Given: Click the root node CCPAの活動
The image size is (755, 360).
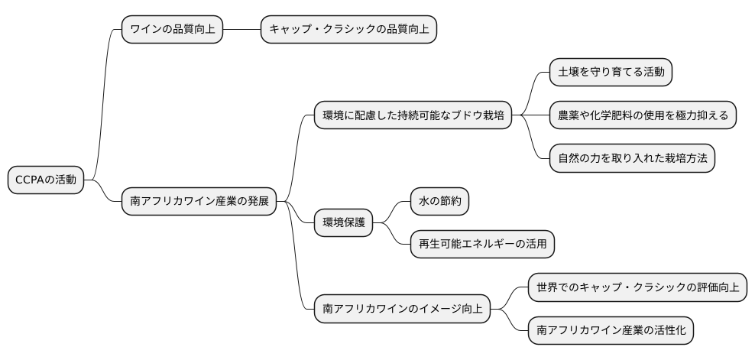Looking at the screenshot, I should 46,180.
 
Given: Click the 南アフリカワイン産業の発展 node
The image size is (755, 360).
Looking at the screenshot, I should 198,202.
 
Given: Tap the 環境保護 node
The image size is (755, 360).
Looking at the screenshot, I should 344,223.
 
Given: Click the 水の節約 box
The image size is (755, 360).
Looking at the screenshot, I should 439,202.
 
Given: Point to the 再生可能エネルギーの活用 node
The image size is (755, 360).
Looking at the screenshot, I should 481,245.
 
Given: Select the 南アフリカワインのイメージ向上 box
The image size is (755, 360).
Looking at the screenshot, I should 402,310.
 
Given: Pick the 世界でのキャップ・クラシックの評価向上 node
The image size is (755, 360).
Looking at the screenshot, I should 637,288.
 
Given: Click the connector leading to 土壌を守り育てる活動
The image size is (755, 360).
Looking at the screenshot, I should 531,93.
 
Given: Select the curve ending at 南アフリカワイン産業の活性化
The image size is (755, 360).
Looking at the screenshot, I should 510,321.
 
